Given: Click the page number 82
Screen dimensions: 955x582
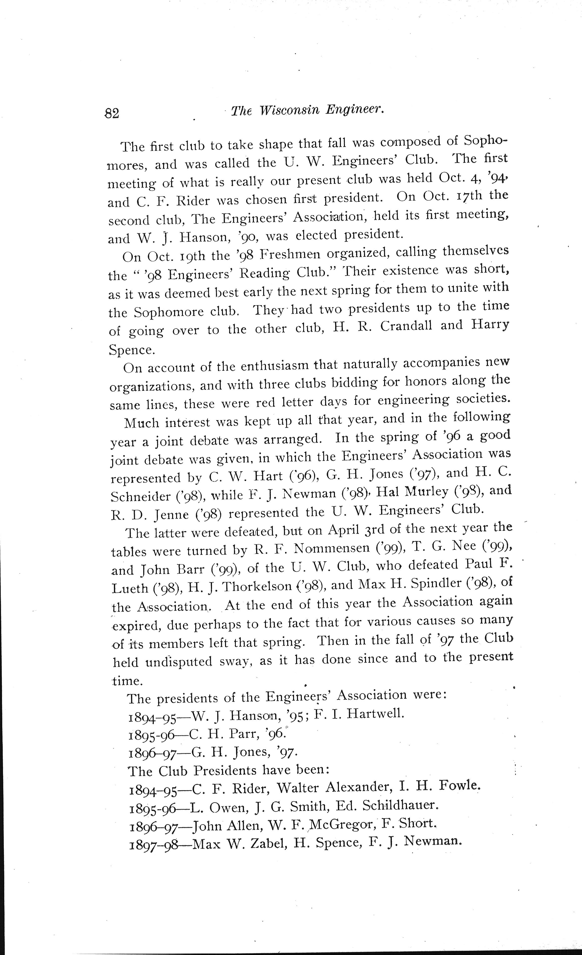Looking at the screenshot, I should coord(112,113).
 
